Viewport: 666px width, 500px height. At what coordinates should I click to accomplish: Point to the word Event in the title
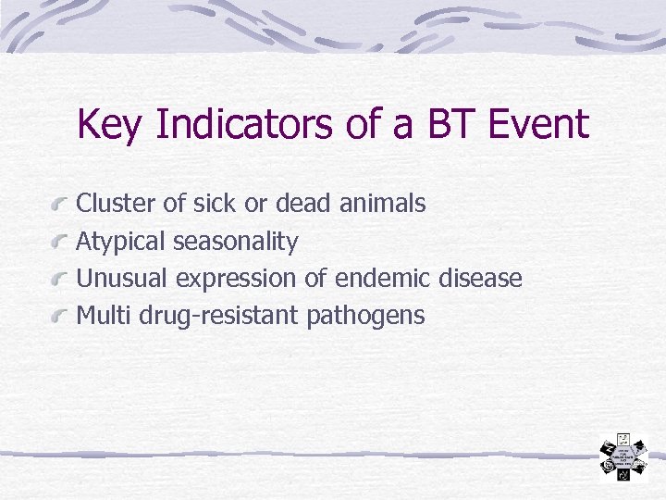point(540,123)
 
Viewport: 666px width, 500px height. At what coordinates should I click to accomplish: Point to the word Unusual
point(122,279)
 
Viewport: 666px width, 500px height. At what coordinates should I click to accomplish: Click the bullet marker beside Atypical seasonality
point(61,243)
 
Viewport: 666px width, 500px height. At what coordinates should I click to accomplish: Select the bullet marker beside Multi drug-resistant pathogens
point(61,318)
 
